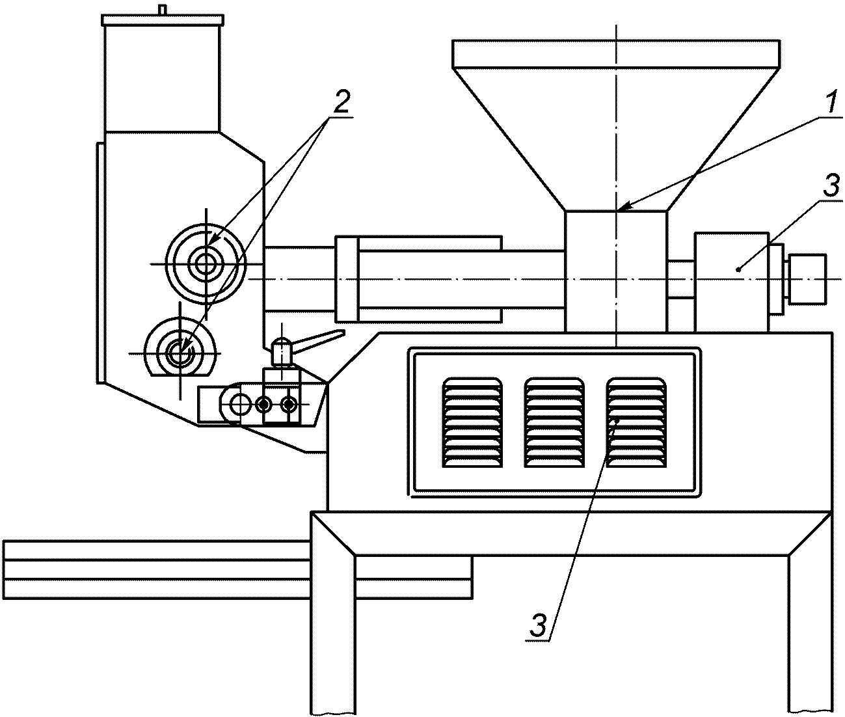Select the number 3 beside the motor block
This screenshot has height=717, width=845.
point(830,185)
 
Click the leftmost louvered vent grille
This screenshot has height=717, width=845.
point(472,422)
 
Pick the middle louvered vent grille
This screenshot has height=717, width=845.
point(554,422)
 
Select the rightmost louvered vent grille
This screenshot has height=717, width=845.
point(636,422)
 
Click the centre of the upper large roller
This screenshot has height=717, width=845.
point(206,264)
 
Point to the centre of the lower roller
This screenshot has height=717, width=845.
point(180,353)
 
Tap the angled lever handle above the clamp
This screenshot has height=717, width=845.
point(308,343)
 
